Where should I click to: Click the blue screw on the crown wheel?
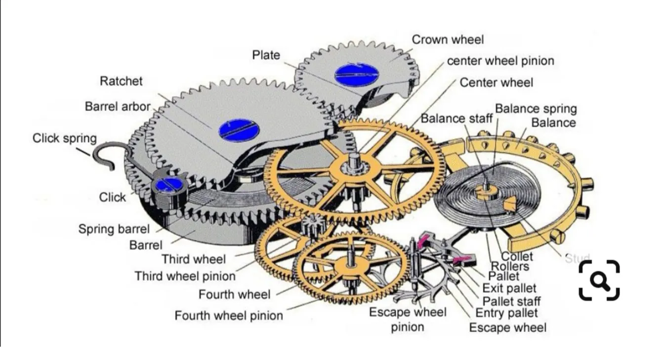[x=356, y=75]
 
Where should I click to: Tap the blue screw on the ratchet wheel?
[x=239, y=130]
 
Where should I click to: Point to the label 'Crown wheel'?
[x=448, y=40]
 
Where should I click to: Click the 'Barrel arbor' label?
[x=117, y=106]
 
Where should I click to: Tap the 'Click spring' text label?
[x=64, y=138]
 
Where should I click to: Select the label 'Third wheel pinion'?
[x=185, y=276]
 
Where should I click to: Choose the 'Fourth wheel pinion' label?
[x=229, y=316]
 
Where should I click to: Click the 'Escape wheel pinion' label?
[x=408, y=319]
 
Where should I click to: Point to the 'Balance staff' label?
[x=457, y=119]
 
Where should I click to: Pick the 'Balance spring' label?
[x=536, y=109]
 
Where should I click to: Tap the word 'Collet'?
[x=517, y=256]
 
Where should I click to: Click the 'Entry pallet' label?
[x=506, y=313]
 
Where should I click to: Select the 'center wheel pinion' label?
[x=500, y=61]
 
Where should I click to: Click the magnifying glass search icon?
[x=599, y=280]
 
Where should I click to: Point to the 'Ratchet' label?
[x=121, y=81]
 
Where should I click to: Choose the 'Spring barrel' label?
[x=114, y=229]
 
